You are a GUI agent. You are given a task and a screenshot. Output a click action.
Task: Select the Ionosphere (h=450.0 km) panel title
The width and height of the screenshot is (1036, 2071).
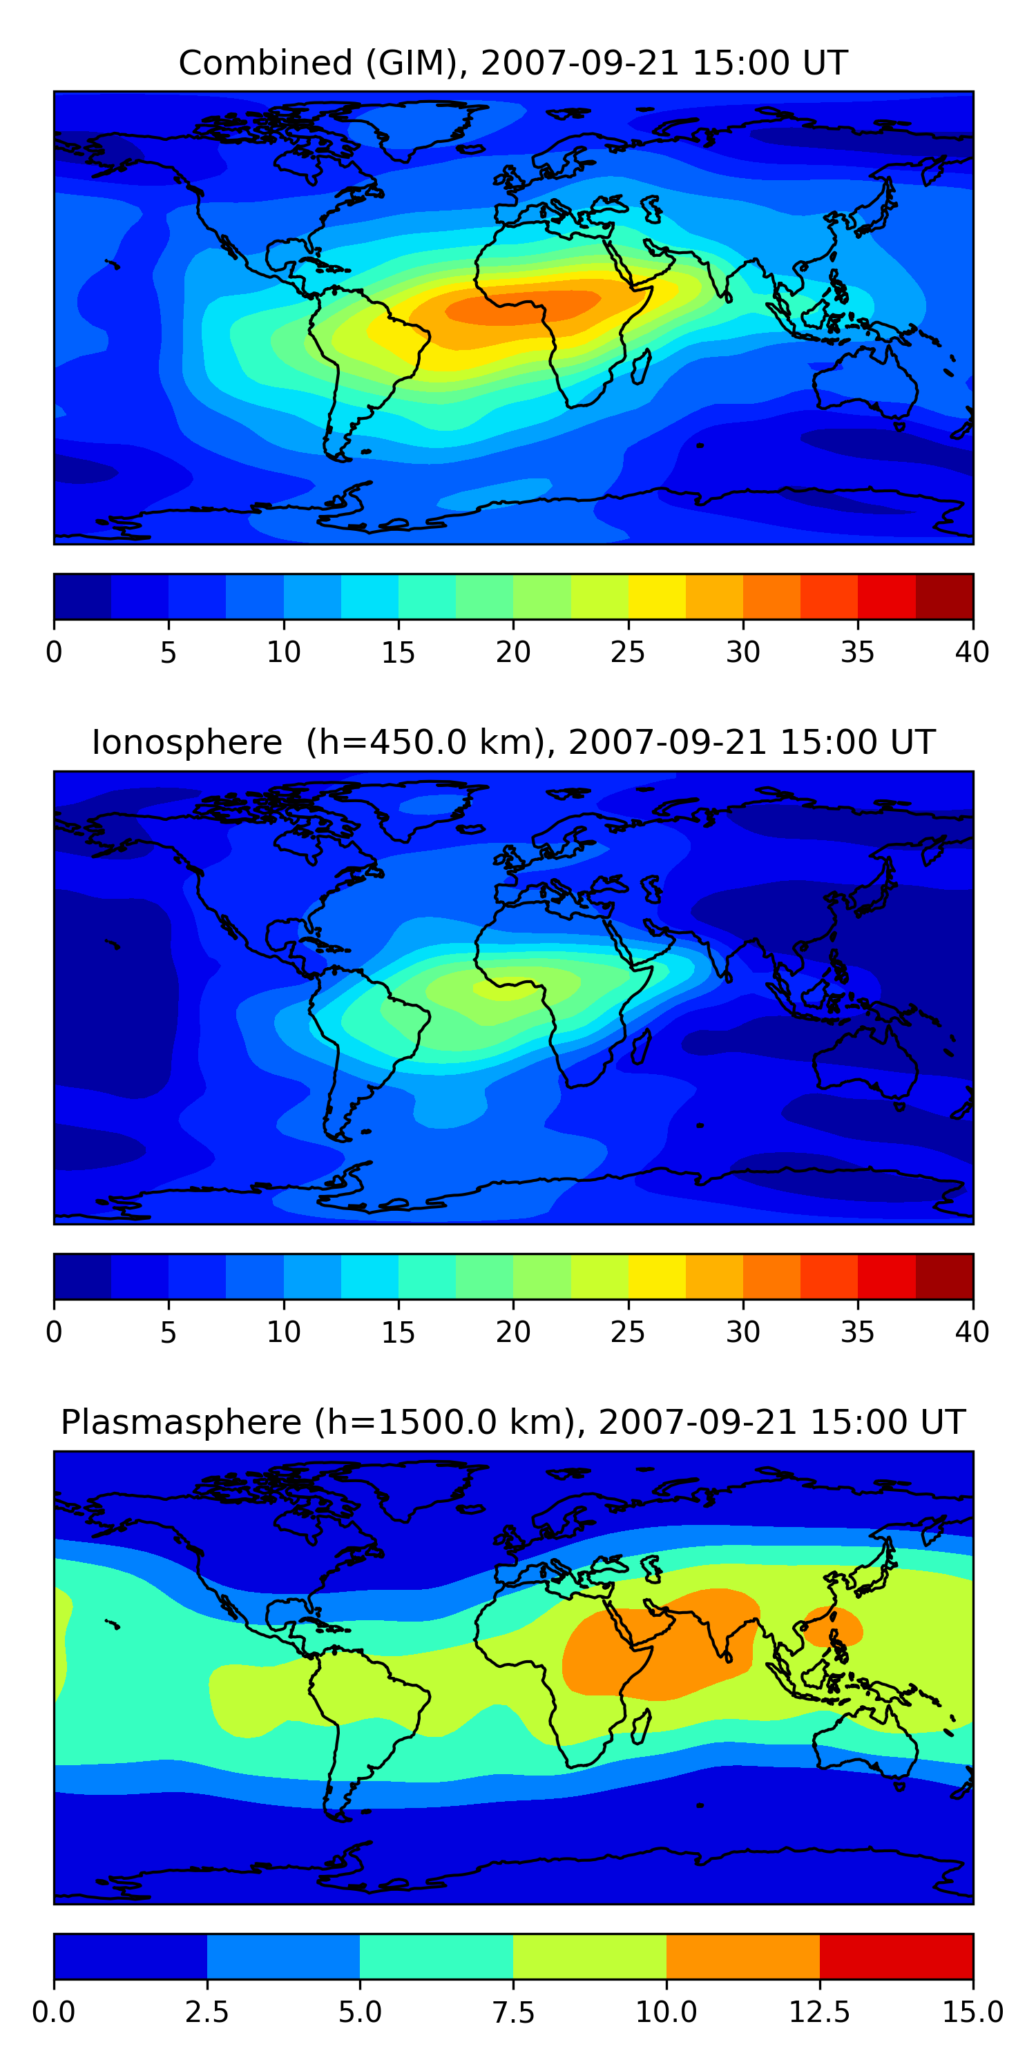(512, 742)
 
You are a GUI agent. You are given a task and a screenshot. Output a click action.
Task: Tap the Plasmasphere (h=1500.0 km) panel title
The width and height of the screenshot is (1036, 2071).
(512, 1422)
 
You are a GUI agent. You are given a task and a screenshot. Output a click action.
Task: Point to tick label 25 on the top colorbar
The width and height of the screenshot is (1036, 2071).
(627, 652)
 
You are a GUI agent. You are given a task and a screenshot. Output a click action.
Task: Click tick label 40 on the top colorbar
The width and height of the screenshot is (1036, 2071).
(972, 652)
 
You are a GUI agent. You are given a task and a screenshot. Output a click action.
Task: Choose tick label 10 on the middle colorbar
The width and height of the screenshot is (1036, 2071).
(283, 1332)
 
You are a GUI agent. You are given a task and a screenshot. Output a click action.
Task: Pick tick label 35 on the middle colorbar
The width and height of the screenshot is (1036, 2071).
(857, 1332)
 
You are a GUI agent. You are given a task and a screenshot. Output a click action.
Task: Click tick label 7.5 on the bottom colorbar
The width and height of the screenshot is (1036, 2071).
(513, 2012)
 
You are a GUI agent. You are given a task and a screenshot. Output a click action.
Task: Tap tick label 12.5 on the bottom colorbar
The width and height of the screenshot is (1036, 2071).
(819, 2012)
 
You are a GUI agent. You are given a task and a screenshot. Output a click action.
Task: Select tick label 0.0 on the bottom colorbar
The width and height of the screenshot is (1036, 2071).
(54, 2012)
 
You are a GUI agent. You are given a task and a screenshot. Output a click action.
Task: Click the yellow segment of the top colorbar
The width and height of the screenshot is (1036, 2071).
(656, 596)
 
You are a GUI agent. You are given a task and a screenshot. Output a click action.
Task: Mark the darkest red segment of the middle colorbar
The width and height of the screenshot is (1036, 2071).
(944, 1276)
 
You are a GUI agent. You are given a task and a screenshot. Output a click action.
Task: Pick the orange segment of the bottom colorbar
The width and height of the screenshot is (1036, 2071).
(742, 1956)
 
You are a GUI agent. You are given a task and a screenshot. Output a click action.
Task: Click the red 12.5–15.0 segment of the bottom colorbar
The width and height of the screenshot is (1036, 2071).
(896, 1956)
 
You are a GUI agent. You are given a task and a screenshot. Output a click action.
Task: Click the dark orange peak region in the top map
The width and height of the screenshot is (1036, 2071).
(523, 307)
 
